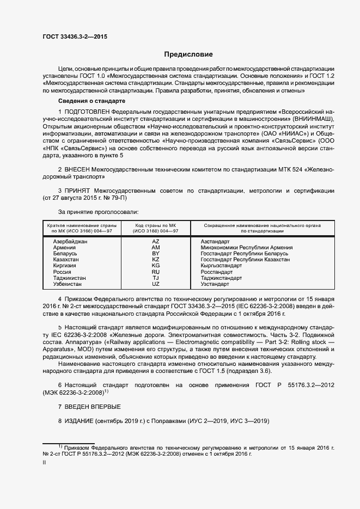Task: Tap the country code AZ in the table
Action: (x=155, y=241)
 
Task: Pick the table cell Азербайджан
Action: (x=70, y=241)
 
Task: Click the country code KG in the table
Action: (x=155, y=265)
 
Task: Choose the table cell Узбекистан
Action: (x=68, y=284)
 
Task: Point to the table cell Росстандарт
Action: (x=216, y=272)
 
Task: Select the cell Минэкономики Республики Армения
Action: (x=246, y=247)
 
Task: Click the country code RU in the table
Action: (x=155, y=272)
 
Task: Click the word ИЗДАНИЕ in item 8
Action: (x=78, y=422)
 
